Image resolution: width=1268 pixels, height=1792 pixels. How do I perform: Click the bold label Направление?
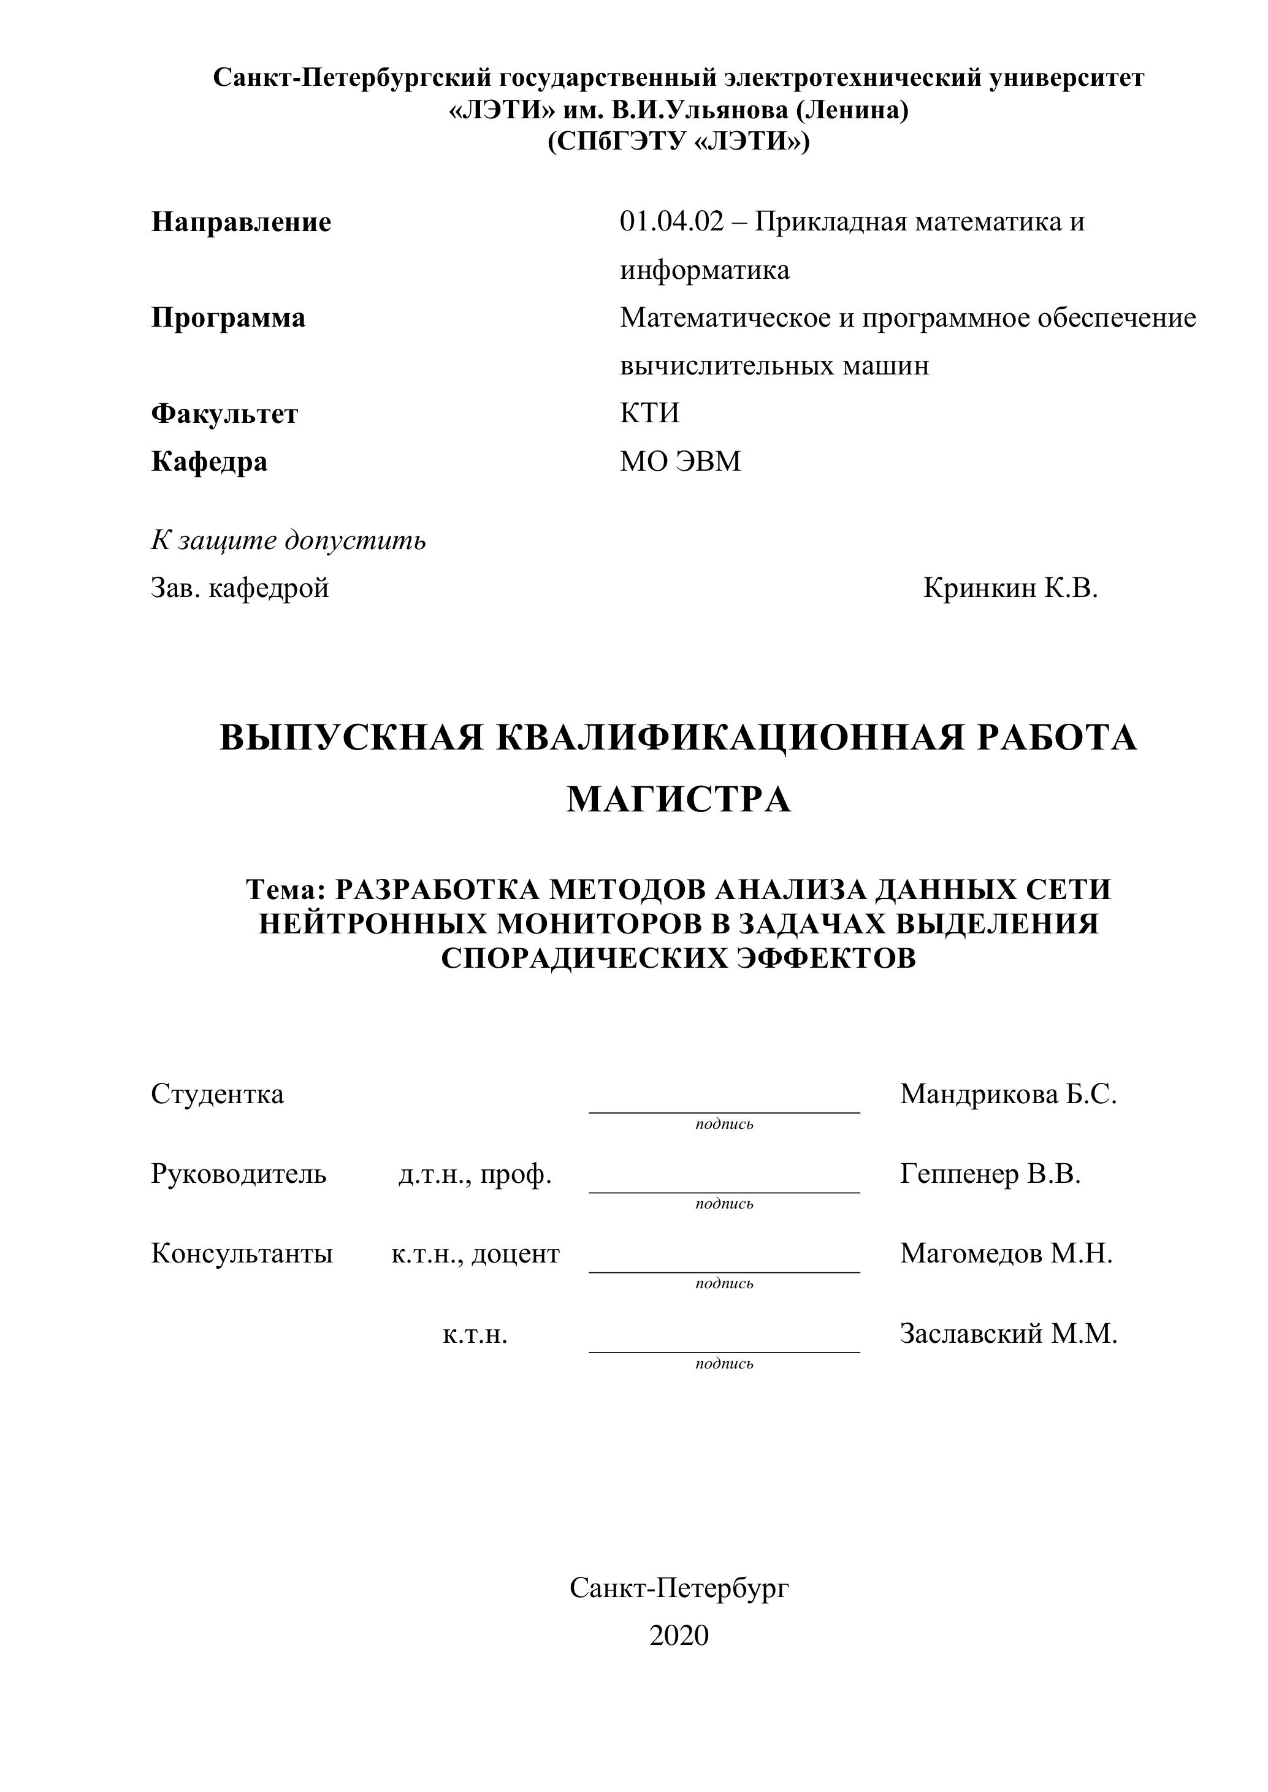coord(240,222)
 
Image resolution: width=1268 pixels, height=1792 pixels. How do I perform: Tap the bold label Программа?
coord(228,317)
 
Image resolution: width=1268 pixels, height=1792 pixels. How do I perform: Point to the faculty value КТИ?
coord(649,413)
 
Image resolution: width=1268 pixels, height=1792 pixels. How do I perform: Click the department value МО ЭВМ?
coord(680,461)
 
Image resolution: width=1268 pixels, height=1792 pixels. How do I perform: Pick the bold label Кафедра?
coord(209,461)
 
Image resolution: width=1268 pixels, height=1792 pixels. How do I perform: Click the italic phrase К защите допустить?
coord(288,540)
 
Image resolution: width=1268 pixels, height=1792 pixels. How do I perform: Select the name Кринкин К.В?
coord(1010,588)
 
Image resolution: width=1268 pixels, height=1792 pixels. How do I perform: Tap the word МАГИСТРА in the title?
coord(679,799)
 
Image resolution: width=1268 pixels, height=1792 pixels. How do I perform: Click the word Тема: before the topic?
coord(285,890)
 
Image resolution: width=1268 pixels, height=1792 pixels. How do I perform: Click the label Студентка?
coord(217,1094)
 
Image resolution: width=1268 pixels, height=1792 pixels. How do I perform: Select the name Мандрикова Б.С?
coord(1008,1094)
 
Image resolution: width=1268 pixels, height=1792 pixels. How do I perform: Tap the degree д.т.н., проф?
coord(475,1174)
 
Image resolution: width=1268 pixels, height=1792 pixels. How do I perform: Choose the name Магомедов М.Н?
coord(1006,1253)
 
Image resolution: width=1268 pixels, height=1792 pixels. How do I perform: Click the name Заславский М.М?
coord(1008,1334)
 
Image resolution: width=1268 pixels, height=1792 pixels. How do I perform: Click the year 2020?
coord(679,1635)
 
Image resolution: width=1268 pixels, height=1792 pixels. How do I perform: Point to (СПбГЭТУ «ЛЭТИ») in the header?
coord(679,142)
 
